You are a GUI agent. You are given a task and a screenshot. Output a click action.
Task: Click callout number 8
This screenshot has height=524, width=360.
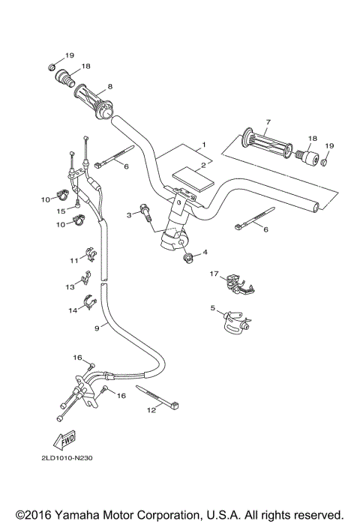(111, 87)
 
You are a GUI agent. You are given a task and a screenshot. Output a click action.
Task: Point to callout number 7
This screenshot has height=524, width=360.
(268, 121)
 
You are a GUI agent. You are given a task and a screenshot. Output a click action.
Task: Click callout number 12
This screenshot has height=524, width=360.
(151, 410)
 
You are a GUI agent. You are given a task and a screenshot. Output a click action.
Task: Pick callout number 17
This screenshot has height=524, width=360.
(214, 274)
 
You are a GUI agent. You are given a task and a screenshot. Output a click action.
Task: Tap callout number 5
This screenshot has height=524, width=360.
(213, 308)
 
